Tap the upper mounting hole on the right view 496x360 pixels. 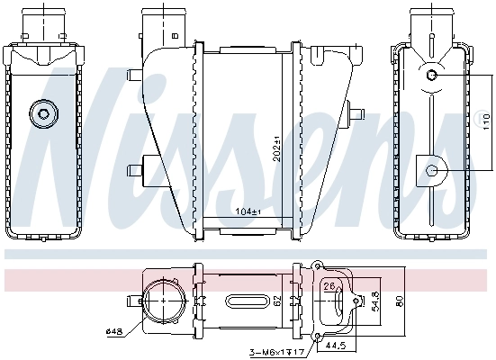pos(432,75)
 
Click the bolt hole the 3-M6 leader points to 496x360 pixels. pos(316,337)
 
